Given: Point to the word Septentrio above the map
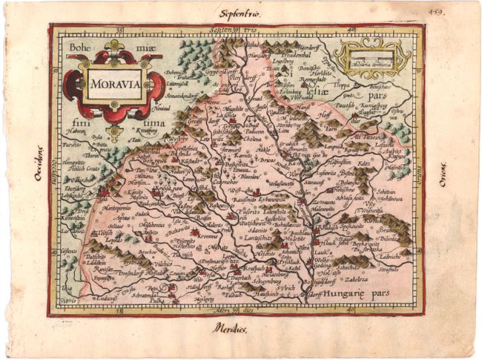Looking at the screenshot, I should [237, 13].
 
